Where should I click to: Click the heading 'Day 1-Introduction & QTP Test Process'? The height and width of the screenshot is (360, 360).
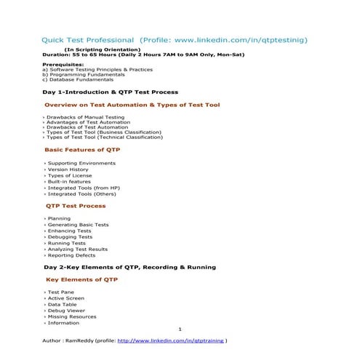(x=110, y=92)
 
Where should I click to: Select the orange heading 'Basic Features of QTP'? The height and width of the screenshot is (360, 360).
(x=82, y=149)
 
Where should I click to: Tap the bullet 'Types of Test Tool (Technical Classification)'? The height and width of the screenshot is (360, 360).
(x=105, y=137)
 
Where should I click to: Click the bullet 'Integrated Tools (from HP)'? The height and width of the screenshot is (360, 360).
(x=84, y=188)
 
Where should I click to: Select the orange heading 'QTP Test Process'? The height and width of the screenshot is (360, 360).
(x=76, y=206)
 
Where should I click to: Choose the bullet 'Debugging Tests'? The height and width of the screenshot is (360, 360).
(x=70, y=237)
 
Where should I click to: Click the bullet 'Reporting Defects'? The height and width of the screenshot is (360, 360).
(x=73, y=255)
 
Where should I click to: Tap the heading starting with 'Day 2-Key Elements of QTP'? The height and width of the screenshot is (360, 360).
(x=129, y=268)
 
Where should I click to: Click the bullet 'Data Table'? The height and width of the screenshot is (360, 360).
(x=64, y=305)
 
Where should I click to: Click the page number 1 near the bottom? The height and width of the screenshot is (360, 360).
(x=180, y=329)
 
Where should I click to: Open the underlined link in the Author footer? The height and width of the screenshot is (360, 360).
(x=170, y=340)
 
